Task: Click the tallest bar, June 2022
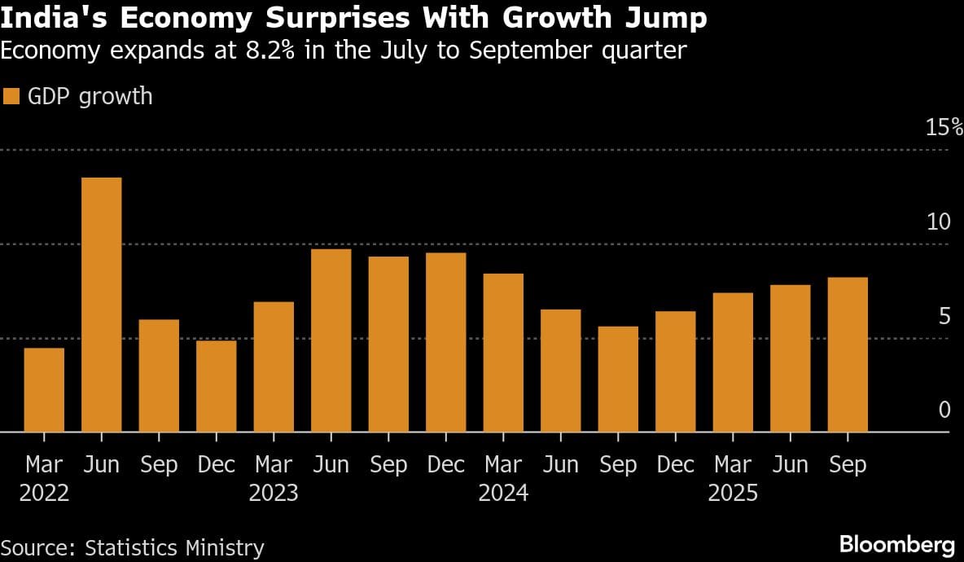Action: coord(102,305)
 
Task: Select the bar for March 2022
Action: coord(44,390)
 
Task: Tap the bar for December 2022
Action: coord(216,386)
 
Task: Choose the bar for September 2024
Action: coord(618,380)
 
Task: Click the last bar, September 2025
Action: coord(848,355)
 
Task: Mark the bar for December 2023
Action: coord(446,342)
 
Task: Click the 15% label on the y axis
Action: coord(944,128)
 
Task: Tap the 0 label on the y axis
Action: coord(944,410)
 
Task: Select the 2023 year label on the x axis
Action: coord(274,494)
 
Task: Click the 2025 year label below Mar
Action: coord(733,494)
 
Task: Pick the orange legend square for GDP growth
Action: coord(11,97)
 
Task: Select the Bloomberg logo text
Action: coord(896,544)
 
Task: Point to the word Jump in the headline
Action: coord(668,18)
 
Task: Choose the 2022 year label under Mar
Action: coord(44,494)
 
